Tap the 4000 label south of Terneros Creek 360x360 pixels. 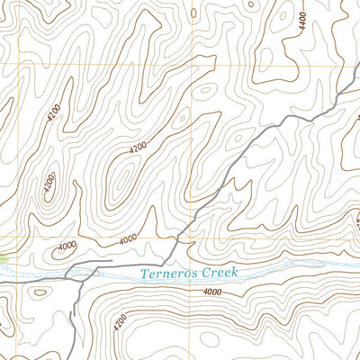(x=212, y=292)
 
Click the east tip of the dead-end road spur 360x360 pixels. (x=111, y=262)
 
